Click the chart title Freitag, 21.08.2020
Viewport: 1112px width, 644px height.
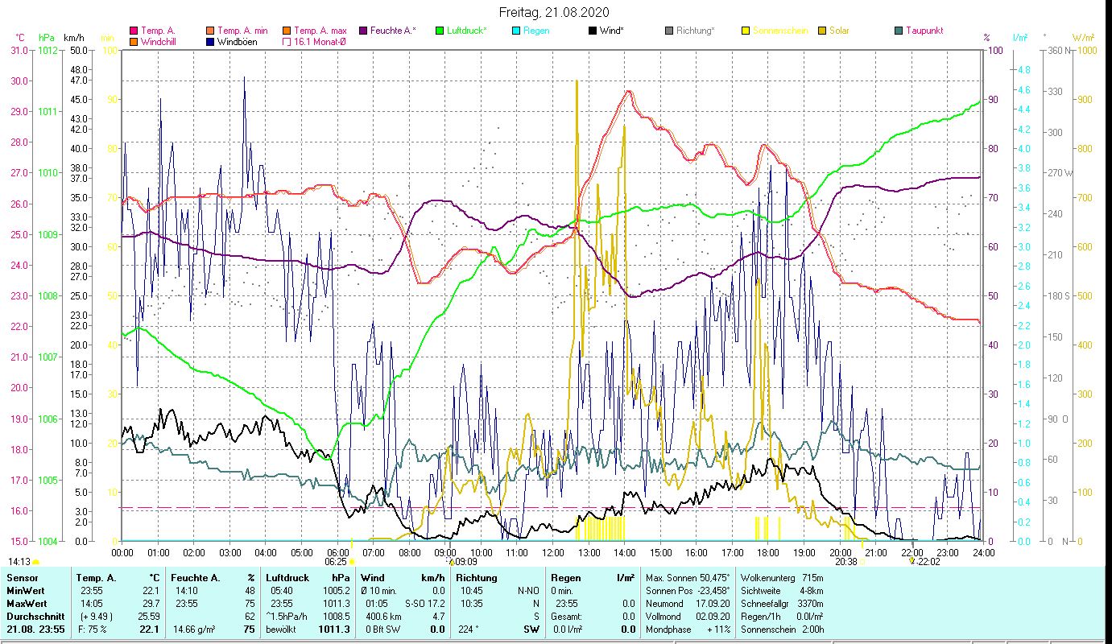(x=554, y=12)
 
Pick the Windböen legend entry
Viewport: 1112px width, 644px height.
(x=238, y=42)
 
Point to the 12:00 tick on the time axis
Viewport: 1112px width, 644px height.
(x=552, y=553)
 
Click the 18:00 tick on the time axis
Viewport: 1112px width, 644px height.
(x=768, y=553)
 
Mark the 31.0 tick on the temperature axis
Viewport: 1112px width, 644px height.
(x=19, y=50)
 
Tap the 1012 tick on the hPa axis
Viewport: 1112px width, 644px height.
(x=48, y=50)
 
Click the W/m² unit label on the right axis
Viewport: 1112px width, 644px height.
(x=1083, y=37)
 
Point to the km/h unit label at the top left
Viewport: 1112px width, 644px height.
(x=73, y=37)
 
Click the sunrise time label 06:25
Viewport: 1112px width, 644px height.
(x=336, y=561)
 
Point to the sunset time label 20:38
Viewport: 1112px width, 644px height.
(x=845, y=561)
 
